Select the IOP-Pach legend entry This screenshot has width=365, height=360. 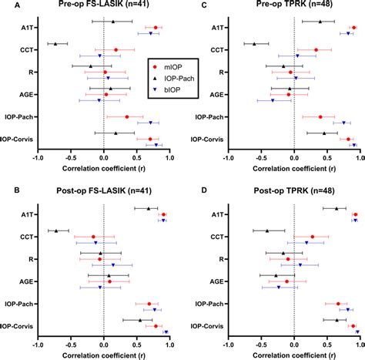click(x=173, y=79)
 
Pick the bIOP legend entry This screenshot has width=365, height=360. click(x=166, y=89)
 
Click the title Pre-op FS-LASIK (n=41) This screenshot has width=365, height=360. click(x=104, y=4)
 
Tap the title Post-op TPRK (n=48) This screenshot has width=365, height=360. click(x=294, y=191)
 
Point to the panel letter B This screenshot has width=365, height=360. click(x=17, y=190)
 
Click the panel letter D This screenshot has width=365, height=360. click(x=204, y=190)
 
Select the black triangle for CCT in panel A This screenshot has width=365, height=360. click(x=55, y=44)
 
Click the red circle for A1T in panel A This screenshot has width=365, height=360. click(x=156, y=28)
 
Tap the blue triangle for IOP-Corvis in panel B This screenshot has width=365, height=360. click(x=166, y=332)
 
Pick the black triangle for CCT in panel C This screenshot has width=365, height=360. click(x=254, y=44)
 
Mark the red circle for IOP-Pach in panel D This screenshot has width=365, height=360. click(x=338, y=304)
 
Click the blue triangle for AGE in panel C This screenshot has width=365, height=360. click(x=273, y=100)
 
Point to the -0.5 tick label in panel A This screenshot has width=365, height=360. click(x=71, y=158)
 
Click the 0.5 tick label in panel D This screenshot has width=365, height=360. click(x=327, y=345)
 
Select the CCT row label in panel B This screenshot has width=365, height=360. click(x=27, y=237)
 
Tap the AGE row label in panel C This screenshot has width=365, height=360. click(x=216, y=95)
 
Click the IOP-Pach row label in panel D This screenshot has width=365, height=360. click(x=209, y=304)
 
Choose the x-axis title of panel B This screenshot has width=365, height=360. click(x=104, y=355)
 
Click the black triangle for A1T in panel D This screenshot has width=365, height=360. click(x=337, y=209)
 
